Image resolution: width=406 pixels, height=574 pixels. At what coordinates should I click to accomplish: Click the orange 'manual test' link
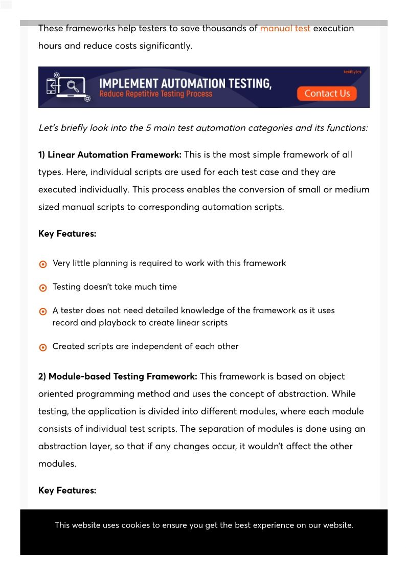click(285, 29)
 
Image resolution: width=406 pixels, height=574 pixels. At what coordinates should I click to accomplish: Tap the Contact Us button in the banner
click(327, 93)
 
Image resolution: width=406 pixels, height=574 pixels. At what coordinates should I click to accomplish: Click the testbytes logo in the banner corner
click(352, 72)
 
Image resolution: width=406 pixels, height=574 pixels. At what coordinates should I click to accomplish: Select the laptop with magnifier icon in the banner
click(69, 86)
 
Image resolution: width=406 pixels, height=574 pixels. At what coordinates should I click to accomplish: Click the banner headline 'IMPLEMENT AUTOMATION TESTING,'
click(185, 83)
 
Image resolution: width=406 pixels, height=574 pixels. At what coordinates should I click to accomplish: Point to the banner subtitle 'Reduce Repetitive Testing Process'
click(155, 94)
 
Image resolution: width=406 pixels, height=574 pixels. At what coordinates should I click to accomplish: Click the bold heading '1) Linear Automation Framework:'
click(109, 154)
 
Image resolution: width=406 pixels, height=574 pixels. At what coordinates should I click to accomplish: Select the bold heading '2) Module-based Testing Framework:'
click(118, 377)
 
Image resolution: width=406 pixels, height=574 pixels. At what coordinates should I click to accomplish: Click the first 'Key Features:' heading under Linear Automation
click(67, 234)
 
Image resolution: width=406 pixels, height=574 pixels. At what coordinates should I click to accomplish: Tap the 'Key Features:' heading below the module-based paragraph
click(67, 491)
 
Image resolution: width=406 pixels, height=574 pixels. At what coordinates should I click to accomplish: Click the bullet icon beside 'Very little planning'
click(43, 264)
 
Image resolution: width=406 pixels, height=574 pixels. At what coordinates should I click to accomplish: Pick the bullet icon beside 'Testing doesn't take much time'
click(43, 288)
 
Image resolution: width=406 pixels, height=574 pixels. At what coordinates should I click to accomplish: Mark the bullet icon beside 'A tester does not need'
click(43, 312)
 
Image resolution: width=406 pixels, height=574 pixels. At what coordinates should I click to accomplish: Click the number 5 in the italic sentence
click(148, 128)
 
